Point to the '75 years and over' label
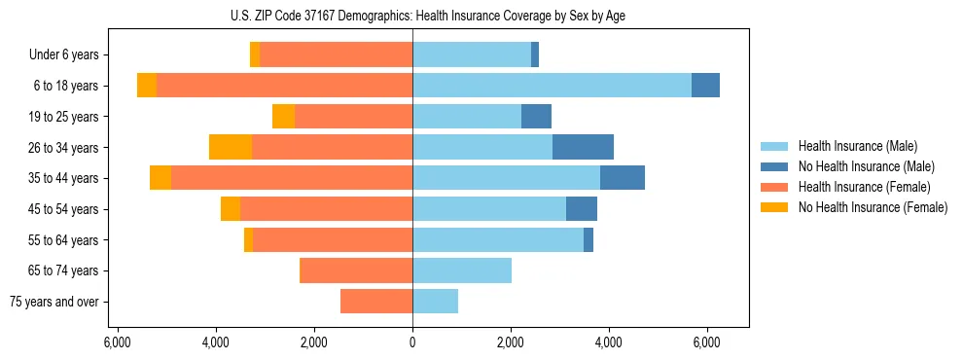pyautogui.click(x=54, y=302)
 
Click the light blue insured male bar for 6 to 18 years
pyautogui.click(x=552, y=86)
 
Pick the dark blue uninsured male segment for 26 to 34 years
pyautogui.click(x=583, y=147)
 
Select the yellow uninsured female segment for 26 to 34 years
pyautogui.click(x=231, y=147)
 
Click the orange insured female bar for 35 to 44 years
pyautogui.click(x=292, y=178)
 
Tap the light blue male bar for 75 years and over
pyautogui.click(x=435, y=302)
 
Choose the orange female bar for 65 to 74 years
pyautogui.click(x=356, y=270)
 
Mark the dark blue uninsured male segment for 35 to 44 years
pyautogui.click(x=623, y=178)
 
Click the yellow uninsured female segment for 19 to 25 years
pyautogui.click(x=283, y=117)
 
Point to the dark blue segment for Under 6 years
pyautogui.click(x=535, y=55)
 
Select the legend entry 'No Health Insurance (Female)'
pyautogui.click(x=873, y=207)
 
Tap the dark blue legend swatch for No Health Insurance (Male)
pyautogui.click(x=775, y=166)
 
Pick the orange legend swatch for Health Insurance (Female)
pyautogui.click(x=775, y=187)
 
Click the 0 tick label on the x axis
pyautogui.click(x=412, y=343)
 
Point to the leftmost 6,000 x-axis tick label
pyautogui.click(x=117, y=343)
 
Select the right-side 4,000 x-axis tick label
pyautogui.click(x=609, y=343)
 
